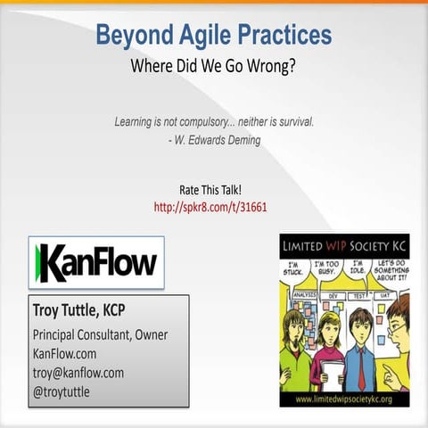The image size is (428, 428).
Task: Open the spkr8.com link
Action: [210, 207]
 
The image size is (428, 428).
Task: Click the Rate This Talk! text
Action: [210, 189]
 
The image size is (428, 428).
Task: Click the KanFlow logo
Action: [96, 262]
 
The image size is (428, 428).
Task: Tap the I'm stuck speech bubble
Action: [292, 269]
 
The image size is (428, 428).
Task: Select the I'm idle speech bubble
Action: [358, 267]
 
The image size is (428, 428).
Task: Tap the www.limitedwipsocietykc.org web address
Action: [344, 398]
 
